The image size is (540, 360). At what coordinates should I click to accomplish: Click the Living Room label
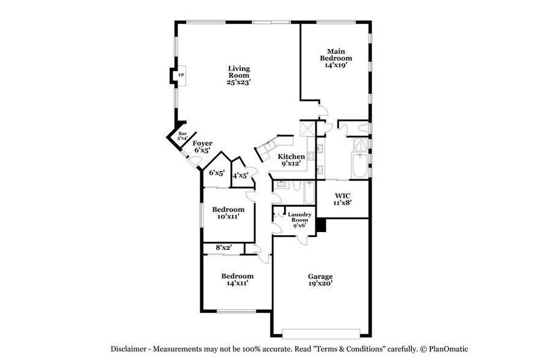(x=239, y=75)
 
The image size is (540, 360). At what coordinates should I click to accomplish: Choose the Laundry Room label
(x=300, y=220)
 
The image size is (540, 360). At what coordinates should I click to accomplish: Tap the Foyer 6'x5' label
(x=202, y=147)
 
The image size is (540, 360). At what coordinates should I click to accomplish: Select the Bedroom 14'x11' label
(x=237, y=279)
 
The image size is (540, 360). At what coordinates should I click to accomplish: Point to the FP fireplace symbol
(x=181, y=75)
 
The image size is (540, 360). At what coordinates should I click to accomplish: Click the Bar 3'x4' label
(x=181, y=136)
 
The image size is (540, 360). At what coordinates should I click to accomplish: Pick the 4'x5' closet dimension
(x=239, y=174)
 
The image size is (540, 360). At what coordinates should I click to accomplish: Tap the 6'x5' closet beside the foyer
(x=217, y=173)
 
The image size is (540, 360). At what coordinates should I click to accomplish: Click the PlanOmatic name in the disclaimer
(x=446, y=348)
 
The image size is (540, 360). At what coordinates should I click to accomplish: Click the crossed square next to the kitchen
(x=307, y=130)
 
